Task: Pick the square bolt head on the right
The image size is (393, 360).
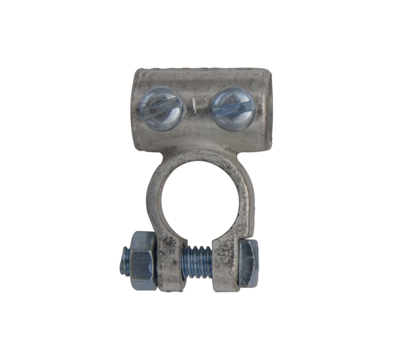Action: [250, 261]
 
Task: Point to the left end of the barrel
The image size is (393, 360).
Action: [136, 108]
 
